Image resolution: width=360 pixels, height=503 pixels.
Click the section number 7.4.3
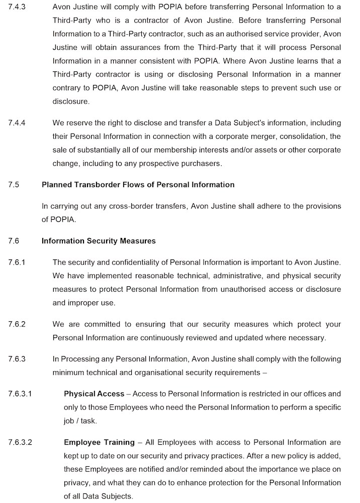(17, 7)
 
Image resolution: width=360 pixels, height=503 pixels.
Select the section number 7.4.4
(17, 123)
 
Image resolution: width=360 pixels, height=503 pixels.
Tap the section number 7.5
(14, 185)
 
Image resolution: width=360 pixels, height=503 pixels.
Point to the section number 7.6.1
(17, 262)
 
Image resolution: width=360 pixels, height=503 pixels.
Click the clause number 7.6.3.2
(20, 442)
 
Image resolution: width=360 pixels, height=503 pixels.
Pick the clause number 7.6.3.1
(20, 393)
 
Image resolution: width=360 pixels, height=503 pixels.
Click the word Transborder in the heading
(98, 185)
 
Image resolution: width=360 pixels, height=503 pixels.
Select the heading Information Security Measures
(99, 241)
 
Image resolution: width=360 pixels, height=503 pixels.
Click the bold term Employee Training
(99, 442)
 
